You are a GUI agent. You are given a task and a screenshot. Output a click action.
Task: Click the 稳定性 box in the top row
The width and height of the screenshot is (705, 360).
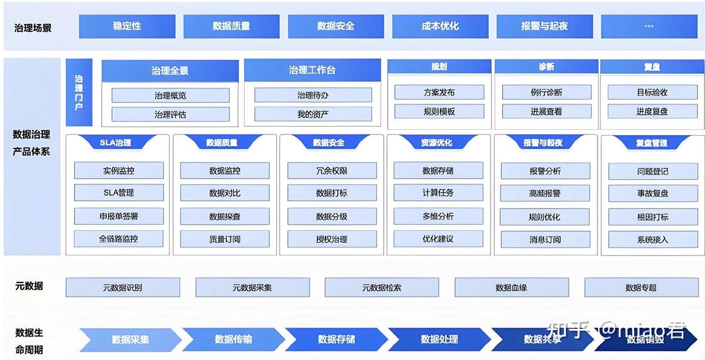pos(127,26)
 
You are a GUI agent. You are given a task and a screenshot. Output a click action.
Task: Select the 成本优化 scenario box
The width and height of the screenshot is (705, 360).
pos(440,26)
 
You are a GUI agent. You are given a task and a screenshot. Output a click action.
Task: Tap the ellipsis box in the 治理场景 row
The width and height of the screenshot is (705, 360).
pos(649,26)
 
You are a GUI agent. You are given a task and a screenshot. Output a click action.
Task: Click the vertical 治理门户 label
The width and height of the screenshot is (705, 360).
pos(79,92)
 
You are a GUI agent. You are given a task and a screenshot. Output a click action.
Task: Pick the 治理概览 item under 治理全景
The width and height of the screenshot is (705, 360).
pos(170,95)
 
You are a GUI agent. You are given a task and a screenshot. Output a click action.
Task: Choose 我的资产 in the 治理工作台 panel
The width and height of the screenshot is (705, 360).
pos(313,114)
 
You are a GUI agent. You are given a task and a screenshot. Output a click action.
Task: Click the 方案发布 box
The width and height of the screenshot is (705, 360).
pos(439,92)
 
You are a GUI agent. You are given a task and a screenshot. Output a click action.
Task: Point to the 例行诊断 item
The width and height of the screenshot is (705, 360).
pos(546,92)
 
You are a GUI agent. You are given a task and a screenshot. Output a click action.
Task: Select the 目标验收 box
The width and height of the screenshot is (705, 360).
pos(652,92)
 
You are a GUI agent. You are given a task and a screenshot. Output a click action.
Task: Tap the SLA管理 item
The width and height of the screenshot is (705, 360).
pos(118,193)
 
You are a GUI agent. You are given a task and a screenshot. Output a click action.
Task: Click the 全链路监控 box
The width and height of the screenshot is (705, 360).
pos(118,239)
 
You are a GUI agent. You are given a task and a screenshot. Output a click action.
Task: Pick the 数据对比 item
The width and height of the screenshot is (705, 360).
pos(224,193)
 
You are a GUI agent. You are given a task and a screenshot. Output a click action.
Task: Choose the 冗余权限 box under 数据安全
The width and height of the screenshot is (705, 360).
pos(331,171)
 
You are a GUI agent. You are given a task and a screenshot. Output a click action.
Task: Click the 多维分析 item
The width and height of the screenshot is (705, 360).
pos(438,216)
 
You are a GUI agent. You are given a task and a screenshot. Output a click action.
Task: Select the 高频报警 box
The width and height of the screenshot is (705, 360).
pos(545,193)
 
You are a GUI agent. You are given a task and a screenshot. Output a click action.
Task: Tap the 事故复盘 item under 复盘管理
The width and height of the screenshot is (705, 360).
pos(652,193)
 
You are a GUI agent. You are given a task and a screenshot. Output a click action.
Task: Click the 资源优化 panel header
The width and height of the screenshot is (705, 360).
pos(437,143)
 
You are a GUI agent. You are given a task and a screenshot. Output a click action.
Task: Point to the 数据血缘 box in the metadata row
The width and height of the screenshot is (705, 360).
pos(511,288)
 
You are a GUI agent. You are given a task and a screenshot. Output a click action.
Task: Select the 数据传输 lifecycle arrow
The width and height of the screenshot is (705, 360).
pos(233,339)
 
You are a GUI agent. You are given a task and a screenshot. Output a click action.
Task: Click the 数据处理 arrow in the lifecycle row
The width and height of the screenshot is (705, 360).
pos(439,339)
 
